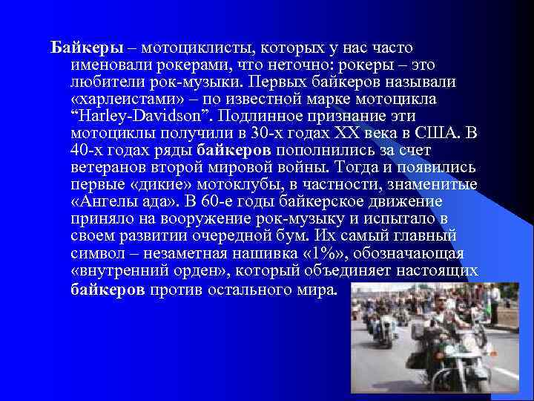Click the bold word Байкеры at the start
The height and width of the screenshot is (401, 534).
[82, 48]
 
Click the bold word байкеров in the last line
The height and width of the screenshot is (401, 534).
[108, 288]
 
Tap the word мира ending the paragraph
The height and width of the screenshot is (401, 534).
[311, 288]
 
